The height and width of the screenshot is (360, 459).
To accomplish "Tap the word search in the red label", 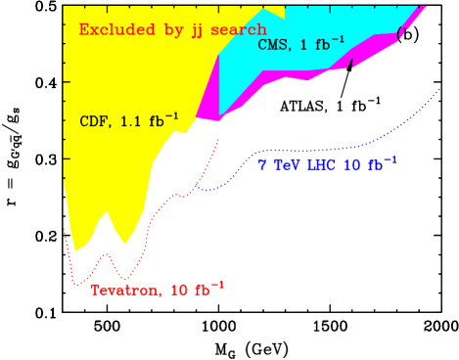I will click(x=239, y=29).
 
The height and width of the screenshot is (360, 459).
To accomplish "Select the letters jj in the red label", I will click(x=192, y=30).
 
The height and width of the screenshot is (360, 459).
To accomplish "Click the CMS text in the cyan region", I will click(x=273, y=45).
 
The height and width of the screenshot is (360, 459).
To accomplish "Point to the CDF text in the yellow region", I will click(x=94, y=122).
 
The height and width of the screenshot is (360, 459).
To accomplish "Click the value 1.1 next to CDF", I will click(x=131, y=122).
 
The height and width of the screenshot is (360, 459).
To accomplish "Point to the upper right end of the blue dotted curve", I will click(x=434, y=87).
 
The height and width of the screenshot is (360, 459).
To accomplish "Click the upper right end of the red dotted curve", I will click(x=218, y=140).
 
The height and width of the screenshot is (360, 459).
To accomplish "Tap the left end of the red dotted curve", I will click(x=65, y=231).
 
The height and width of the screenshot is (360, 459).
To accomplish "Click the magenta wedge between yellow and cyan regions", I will click(x=208, y=99).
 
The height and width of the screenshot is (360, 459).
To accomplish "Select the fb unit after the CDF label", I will click(x=161, y=121).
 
